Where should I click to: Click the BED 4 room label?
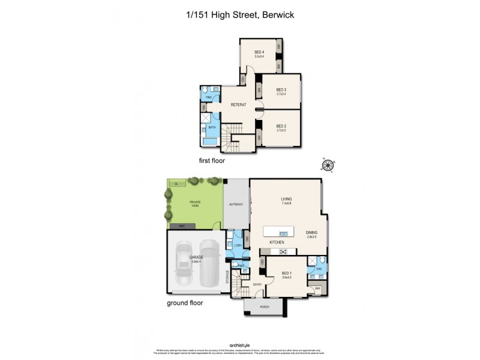pos(259,53)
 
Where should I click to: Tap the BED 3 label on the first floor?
pos(281,91)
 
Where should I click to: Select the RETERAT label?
pos(239,104)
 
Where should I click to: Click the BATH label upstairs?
pos(212,127)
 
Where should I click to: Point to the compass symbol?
pos(328,165)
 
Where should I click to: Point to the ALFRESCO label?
pos(236,205)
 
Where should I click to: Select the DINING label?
pos(311,234)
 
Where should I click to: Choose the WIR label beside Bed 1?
pos(317,289)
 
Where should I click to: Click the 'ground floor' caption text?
pos(184,303)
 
